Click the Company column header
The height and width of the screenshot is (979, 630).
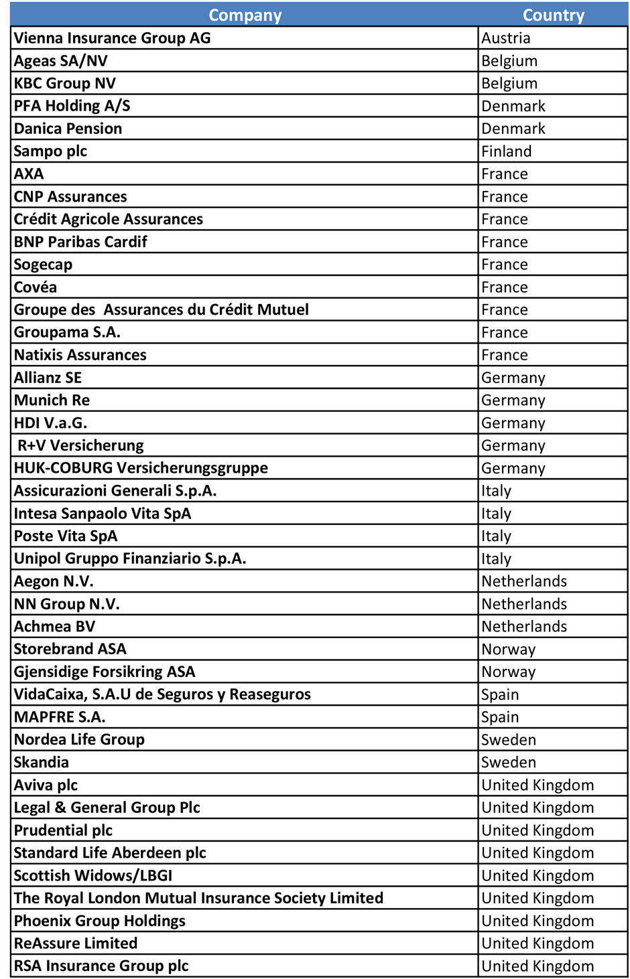click(245, 15)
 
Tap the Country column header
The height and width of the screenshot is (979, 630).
click(553, 15)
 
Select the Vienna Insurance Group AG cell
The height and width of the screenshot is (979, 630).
click(112, 38)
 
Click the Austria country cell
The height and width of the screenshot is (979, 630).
click(505, 38)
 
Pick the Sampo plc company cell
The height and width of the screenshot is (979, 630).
click(50, 151)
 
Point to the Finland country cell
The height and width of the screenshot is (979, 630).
click(506, 151)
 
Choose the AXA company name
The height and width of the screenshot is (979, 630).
click(29, 174)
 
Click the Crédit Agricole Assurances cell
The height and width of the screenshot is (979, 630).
click(108, 219)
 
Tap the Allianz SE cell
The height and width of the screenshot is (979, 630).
click(48, 378)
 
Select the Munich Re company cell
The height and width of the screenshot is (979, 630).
click(52, 400)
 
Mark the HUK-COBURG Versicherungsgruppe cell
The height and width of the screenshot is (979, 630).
click(141, 468)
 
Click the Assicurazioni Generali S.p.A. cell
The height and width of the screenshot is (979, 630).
click(115, 491)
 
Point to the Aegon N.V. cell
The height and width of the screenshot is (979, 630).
click(54, 581)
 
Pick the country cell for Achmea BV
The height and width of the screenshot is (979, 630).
click(524, 627)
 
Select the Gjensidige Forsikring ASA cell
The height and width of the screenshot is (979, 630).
click(105, 672)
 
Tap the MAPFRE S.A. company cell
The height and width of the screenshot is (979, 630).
click(60, 717)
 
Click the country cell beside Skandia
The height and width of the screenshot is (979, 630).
click(508, 763)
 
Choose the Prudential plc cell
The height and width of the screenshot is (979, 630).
click(63, 830)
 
